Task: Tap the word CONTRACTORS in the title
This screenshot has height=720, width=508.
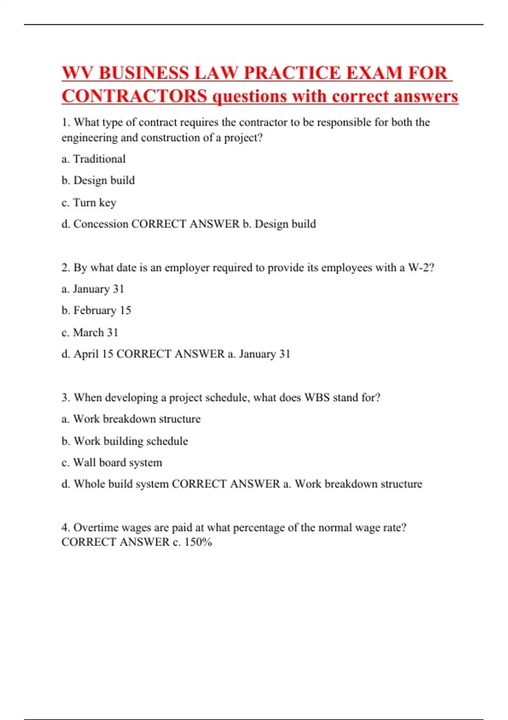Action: [135, 96]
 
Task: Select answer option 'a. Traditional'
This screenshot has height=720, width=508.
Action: [94, 159]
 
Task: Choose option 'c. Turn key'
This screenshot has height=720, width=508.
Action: [89, 202]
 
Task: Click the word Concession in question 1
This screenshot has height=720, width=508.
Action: [101, 224]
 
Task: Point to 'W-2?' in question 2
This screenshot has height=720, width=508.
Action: [421, 268]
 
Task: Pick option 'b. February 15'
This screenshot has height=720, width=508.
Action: [97, 310]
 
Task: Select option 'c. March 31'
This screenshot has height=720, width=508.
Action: [90, 332]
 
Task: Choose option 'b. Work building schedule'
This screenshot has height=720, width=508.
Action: [125, 441]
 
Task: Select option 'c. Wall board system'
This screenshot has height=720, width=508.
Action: [112, 462]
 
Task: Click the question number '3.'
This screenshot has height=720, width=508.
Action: [66, 398]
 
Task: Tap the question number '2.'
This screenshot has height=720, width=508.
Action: [66, 268]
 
